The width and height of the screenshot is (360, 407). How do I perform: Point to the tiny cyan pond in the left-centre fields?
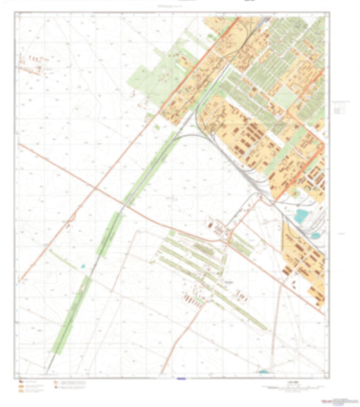point(83,265)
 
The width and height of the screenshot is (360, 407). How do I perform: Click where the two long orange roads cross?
point(96,190)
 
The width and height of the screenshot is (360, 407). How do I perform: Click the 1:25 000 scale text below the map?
point(291,383)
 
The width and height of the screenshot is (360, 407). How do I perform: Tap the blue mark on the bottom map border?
point(179,379)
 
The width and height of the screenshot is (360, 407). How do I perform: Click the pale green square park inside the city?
point(284,99)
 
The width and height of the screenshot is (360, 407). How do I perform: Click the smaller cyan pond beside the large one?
point(315,235)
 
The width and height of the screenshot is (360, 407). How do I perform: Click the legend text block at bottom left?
point(71,386)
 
